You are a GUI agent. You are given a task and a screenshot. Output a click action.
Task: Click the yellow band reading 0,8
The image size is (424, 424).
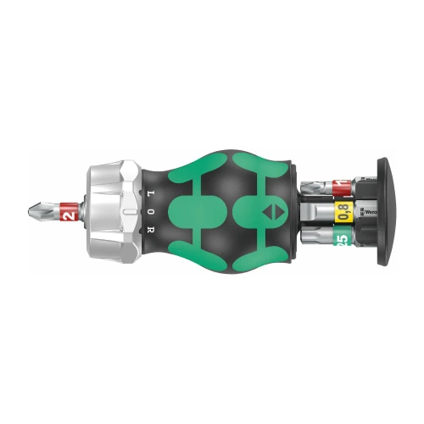343,210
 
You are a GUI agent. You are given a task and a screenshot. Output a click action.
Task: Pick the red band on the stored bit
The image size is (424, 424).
338,185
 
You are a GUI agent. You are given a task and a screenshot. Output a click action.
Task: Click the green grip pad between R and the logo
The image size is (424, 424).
199,209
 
